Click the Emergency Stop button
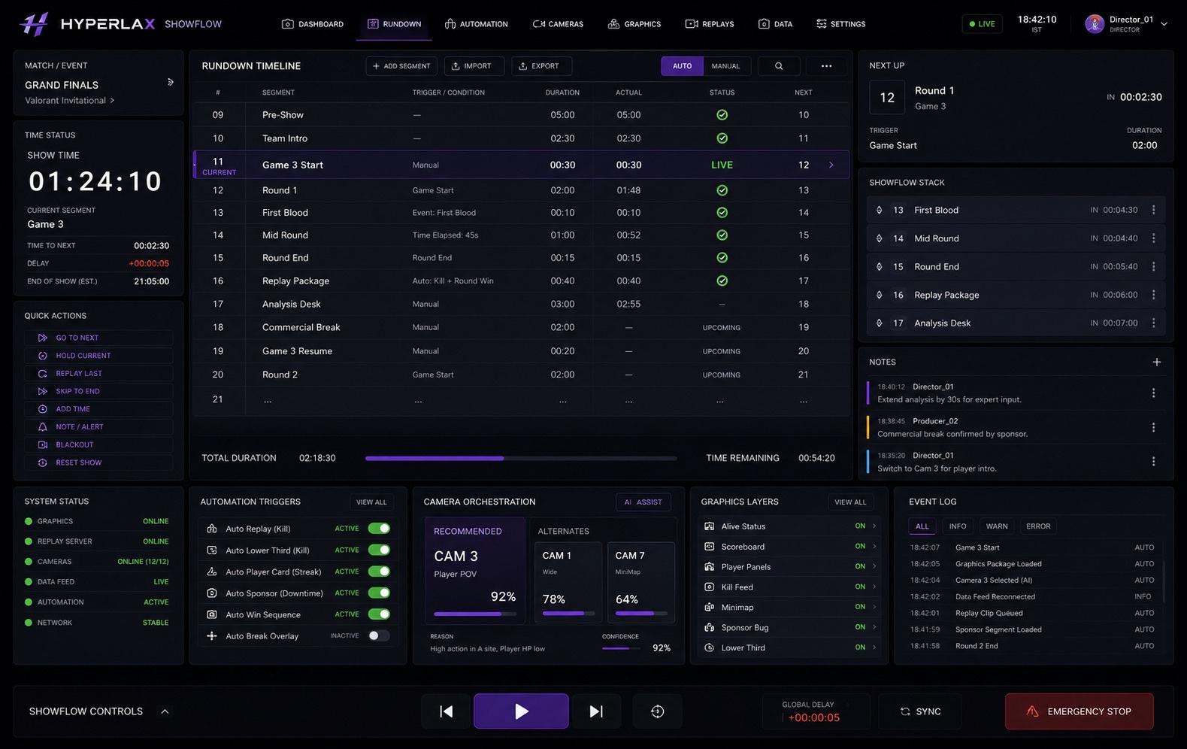click(1079, 711)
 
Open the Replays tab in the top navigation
click(710, 24)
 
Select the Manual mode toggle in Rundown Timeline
click(725, 65)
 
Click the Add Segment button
click(401, 65)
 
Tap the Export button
click(541, 65)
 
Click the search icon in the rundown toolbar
click(779, 65)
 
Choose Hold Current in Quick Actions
click(98, 355)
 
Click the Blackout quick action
click(98, 444)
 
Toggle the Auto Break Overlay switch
click(379, 635)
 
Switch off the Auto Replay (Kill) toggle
click(379, 528)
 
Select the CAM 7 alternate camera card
click(640, 582)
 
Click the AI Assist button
click(643, 502)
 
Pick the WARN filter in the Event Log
click(996, 526)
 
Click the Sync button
click(920, 711)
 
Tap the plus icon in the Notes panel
click(1156, 362)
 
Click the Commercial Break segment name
click(301, 327)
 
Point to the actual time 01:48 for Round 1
click(628, 190)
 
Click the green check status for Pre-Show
click(722, 114)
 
